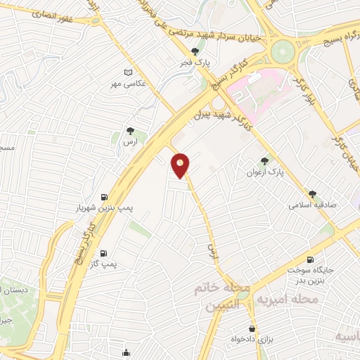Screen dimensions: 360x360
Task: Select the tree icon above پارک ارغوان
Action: click(264, 161)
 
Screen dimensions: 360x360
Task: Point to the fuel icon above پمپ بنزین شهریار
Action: click(104, 197)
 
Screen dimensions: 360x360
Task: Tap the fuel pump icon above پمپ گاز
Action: click(104, 253)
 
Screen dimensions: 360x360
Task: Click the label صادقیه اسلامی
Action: click(311, 206)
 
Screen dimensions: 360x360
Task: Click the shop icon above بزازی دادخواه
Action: click(252, 328)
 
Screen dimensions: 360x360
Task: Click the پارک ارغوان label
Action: click(264, 172)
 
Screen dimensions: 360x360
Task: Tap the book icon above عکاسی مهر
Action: click(129, 72)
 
